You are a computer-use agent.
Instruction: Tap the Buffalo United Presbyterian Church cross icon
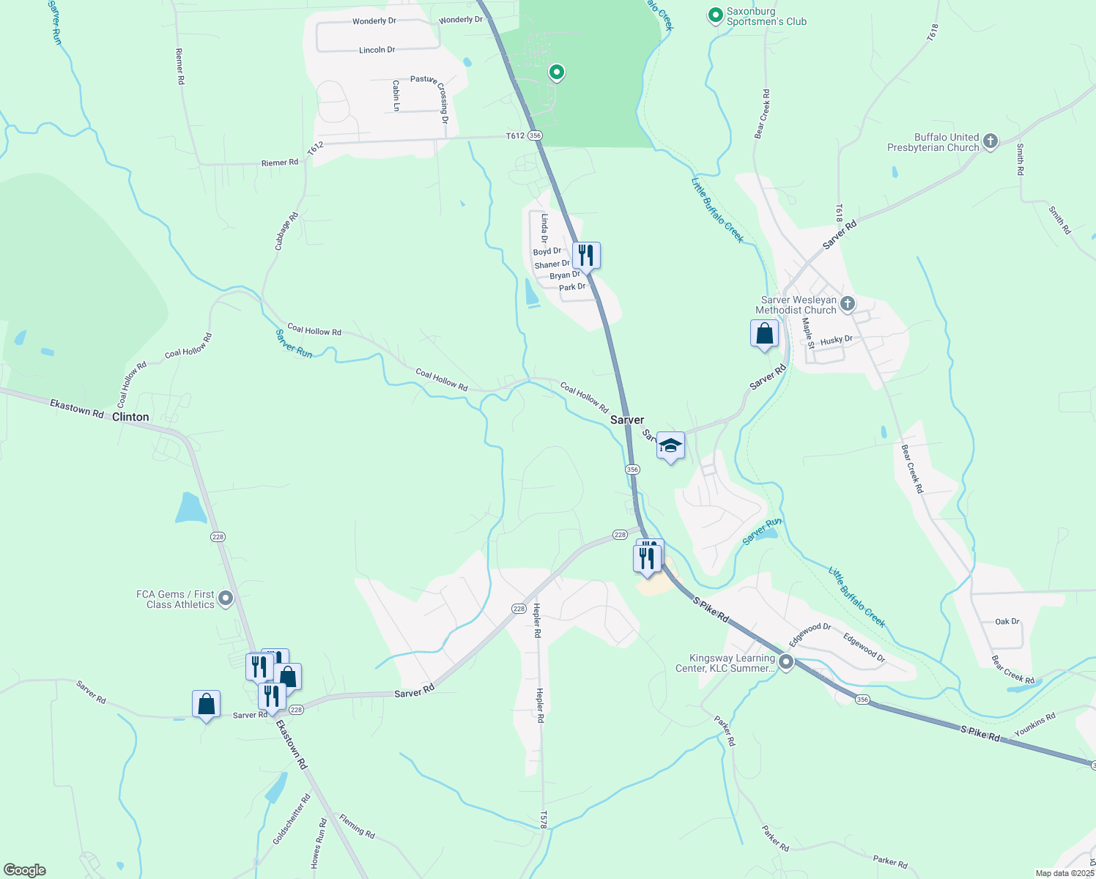(x=991, y=141)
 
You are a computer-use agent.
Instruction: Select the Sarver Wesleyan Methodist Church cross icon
(x=848, y=304)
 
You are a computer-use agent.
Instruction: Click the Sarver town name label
(x=627, y=420)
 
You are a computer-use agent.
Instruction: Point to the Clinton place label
(x=130, y=417)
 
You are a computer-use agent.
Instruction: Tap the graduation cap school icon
(x=670, y=446)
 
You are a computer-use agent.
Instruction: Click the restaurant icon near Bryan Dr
(x=586, y=256)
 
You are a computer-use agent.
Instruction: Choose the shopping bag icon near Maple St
(x=764, y=334)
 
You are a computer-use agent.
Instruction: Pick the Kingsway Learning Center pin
(x=786, y=663)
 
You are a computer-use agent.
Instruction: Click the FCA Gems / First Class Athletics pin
(x=226, y=598)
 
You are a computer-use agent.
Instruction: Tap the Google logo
(x=25, y=870)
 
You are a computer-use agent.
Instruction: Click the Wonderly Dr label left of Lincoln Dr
(x=374, y=21)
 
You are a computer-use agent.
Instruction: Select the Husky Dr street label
(x=837, y=341)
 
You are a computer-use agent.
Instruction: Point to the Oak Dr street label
(x=1007, y=621)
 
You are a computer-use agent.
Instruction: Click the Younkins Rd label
(x=1034, y=724)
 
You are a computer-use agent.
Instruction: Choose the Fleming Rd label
(x=357, y=826)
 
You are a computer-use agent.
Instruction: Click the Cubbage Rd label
(x=286, y=231)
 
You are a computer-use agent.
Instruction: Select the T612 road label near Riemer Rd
(x=315, y=149)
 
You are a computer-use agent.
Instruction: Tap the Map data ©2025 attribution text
(x=1064, y=873)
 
